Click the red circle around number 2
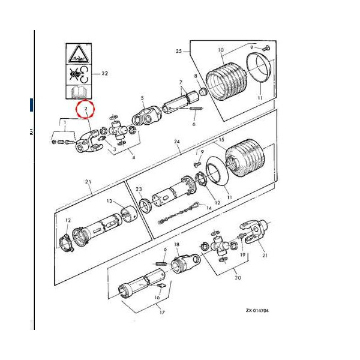click(x=86, y=110)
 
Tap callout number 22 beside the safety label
click(x=104, y=73)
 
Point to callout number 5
click(x=142, y=97)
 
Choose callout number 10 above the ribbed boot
click(x=221, y=50)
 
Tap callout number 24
click(x=177, y=142)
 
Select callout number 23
click(x=139, y=189)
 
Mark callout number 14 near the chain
click(x=209, y=207)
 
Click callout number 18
click(x=177, y=245)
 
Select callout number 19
click(x=244, y=254)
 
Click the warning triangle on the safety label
click(x=76, y=56)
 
